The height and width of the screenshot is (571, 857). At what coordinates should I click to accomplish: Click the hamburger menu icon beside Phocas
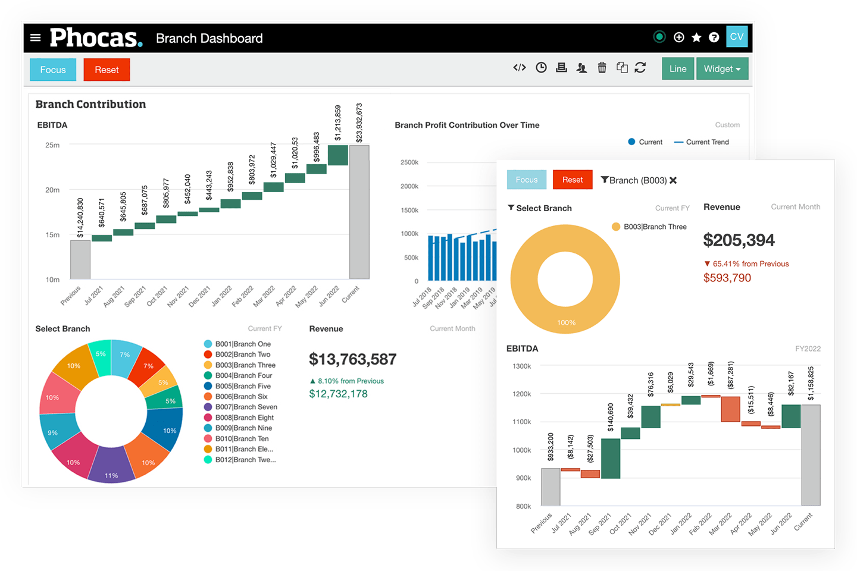36,38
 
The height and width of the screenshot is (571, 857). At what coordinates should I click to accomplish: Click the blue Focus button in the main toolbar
53,70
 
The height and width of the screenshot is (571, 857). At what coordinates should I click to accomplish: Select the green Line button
677,69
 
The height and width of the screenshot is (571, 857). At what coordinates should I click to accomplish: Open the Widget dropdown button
721,69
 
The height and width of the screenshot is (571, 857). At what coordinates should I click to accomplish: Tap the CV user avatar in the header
736,37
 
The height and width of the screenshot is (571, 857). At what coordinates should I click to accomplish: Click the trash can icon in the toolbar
602,68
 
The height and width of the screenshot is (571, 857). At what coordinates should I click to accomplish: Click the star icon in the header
696,37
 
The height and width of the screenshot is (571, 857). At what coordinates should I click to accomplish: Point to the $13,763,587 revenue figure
352,359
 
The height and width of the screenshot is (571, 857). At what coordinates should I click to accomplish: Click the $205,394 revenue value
739,240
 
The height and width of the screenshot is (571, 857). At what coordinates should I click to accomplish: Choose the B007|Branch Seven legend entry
246,407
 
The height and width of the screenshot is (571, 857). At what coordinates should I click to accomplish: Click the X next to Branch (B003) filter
673,180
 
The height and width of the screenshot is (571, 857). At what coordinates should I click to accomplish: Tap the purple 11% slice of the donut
111,465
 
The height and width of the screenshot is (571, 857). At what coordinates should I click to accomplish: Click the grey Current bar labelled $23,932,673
359,212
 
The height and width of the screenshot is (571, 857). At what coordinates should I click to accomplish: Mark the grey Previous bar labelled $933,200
551,487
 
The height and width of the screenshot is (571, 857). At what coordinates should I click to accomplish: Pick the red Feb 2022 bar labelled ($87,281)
730,409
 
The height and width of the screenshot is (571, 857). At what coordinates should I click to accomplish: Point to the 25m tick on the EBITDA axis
52,145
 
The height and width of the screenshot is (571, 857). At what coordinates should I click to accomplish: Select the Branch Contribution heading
90,104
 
